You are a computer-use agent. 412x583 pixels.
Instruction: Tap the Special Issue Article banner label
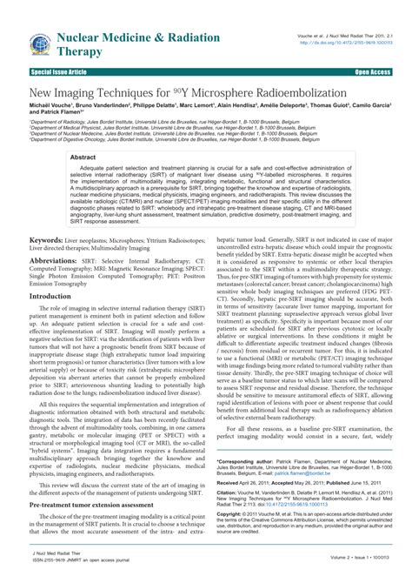[59, 71]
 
